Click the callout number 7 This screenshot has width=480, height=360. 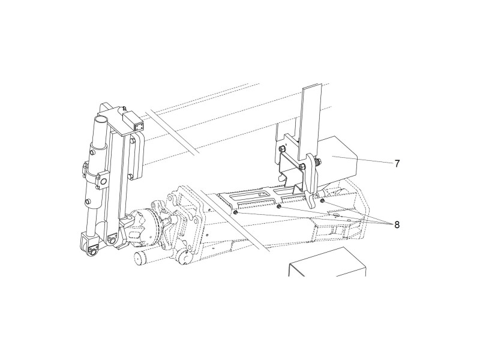(x=397, y=164)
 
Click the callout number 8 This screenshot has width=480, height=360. (x=397, y=225)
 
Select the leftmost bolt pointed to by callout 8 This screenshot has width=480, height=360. (x=235, y=212)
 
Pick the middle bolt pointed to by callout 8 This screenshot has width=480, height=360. (x=278, y=207)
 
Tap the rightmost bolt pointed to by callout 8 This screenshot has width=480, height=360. (x=322, y=201)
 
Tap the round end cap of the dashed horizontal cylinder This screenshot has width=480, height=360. (x=139, y=260)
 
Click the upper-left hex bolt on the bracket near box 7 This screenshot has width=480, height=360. (x=281, y=149)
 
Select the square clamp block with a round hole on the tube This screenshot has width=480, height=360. (x=102, y=181)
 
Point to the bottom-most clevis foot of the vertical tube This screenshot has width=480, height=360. (x=91, y=245)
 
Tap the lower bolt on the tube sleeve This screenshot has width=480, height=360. (x=87, y=201)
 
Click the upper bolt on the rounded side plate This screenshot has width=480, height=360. (x=133, y=141)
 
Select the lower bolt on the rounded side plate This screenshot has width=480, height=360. (x=131, y=176)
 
